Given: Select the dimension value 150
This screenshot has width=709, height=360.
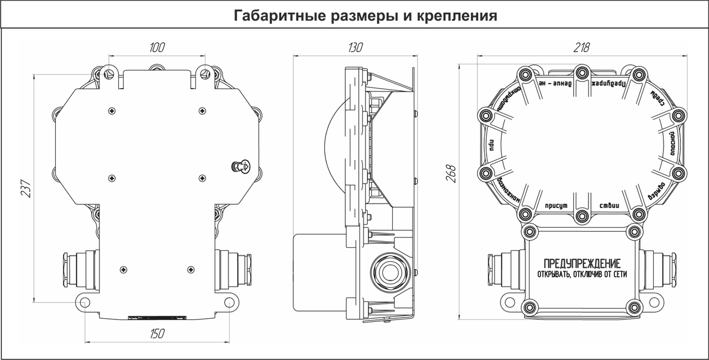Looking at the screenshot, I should (x=157, y=333).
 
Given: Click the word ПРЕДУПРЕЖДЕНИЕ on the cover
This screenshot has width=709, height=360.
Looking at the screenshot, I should (x=582, y=264).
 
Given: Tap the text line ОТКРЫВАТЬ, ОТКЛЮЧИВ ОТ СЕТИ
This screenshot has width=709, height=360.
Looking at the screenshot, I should (x=582, y=274).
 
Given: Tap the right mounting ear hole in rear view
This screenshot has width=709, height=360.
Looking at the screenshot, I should (x=229, y=302).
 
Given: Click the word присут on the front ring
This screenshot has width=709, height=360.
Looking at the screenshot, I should (x=556, y=207).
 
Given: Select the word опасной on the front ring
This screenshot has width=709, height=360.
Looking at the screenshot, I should (x=672, y=144).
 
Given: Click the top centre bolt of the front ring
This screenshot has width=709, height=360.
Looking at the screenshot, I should (x=582, y=73).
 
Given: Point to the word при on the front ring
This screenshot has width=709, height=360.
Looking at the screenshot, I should (x=492, y=144).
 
